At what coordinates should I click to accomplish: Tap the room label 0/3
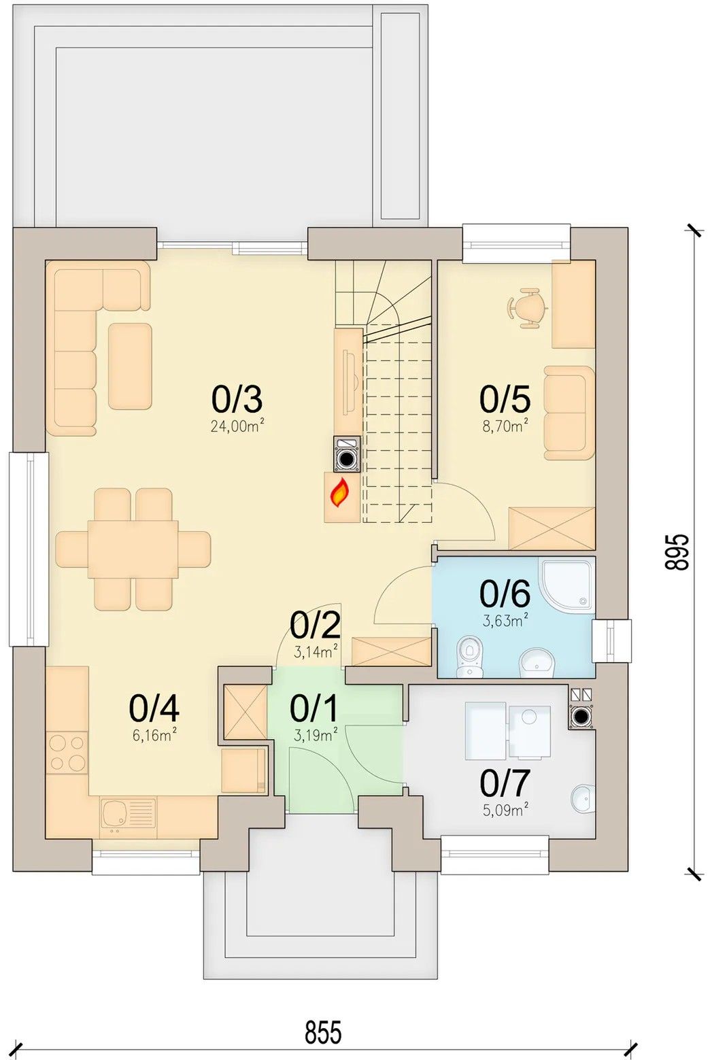[237, 399]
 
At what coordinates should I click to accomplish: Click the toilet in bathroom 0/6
[469, 656]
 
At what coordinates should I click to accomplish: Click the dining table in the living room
[133, 549]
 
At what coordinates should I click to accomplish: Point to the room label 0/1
[314, 708]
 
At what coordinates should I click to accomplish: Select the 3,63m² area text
[505, 620]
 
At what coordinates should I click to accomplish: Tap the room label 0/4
[154, 708]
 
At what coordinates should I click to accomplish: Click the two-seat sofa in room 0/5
[569, 413]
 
